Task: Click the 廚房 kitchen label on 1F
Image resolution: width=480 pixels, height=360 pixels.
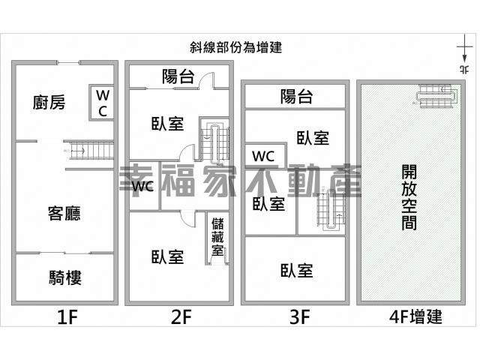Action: click(x=49, y=102)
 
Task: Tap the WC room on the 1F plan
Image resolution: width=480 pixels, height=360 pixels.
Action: click(x=102, y=102)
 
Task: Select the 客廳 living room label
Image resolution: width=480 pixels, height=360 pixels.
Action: click(x=64, y=213)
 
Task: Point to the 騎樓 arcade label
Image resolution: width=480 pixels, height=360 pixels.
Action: click(x=65, y=278)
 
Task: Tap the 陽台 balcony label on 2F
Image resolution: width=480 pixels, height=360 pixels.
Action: click(x=178, y=76)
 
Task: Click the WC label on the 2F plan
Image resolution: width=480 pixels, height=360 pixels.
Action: click(x=142, y=186)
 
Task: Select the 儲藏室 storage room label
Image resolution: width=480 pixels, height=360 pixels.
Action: click(x=217, y=237)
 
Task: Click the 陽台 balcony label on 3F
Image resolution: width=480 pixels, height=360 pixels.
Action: click(x=297, y=97)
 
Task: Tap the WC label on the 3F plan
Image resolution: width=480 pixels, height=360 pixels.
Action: click(x=263, y=157)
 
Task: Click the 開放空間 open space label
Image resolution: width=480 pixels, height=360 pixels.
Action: click(x=409, y=197)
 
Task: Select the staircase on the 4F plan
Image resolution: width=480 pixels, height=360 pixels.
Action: click(x=438, y=96)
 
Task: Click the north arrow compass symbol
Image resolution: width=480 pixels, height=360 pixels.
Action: click(x=465, y=53)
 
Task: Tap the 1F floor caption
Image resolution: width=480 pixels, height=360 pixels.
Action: click(x=67, y=316)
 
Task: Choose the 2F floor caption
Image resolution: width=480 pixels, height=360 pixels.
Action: click(x=181, y=316)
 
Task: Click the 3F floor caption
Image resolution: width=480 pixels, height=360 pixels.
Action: click(x=300, y=316)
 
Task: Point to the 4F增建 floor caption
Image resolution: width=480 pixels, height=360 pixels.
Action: click(x=415, y=316)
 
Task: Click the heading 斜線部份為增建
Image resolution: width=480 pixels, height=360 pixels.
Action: click(x=235, y=47)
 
